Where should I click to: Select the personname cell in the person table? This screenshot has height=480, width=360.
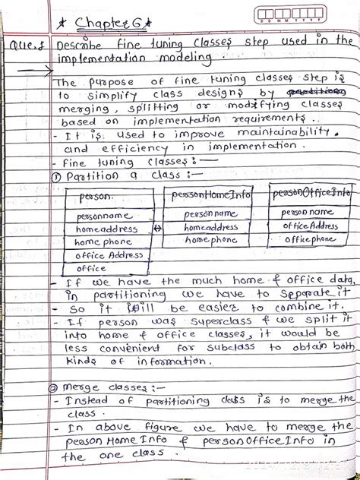click(104, 216)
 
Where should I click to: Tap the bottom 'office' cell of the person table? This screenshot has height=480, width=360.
click(91, 268)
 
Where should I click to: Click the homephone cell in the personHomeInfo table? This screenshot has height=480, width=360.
click(209, 240)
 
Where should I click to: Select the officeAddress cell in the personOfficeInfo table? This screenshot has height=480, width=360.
click(310, 226)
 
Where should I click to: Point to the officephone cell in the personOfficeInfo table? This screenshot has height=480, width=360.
click(309, 239)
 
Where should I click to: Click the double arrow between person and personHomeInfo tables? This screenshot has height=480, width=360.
click(156, 229)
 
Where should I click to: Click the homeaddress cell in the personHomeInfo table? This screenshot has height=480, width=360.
click(210, 227)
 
